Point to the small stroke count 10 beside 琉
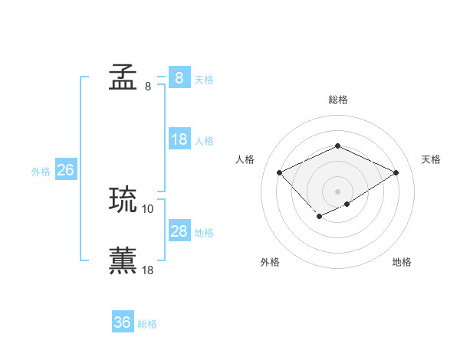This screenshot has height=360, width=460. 148,208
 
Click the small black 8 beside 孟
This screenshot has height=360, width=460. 148,86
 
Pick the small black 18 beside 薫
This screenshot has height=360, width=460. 148,270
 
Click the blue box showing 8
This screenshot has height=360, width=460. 179,77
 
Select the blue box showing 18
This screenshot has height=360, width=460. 179,139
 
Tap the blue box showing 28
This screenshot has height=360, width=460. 179,231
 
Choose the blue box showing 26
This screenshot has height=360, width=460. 65,170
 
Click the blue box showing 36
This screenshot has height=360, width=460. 123,322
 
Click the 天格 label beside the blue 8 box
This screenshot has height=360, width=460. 204,79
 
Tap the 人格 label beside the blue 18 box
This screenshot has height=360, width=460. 204,141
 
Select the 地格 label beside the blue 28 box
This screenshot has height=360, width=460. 204,233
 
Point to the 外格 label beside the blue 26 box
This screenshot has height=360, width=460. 41,172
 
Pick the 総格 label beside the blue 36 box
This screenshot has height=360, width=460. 147,324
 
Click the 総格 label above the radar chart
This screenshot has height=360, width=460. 337,100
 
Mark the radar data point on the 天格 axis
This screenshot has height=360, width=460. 396,173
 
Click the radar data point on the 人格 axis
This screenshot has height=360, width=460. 280,173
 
